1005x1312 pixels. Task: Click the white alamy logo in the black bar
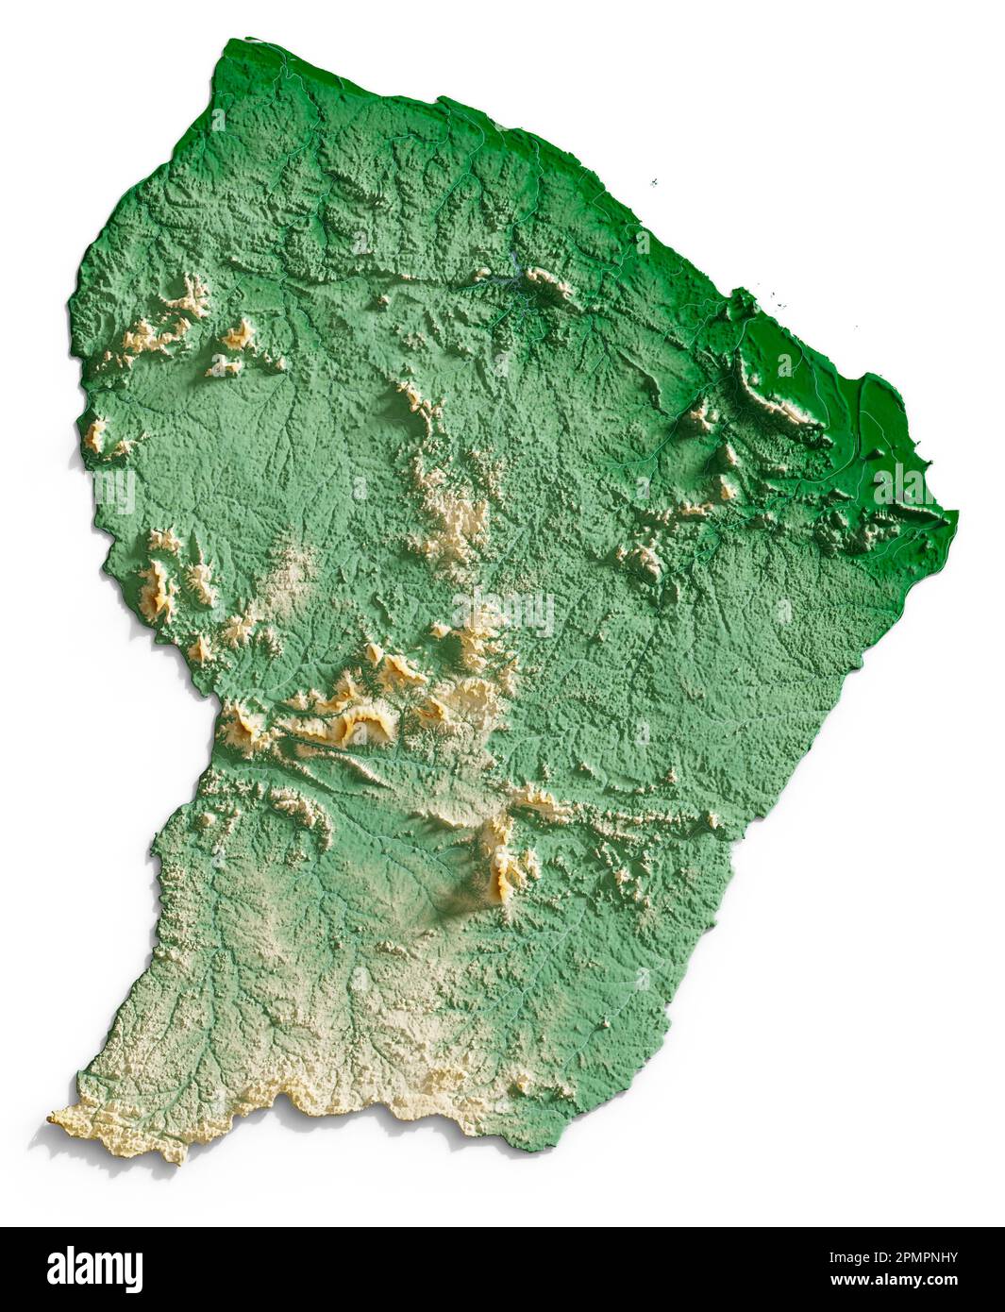(94, 1269)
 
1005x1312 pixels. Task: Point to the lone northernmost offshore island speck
(653, 183)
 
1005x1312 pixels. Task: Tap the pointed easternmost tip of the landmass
(955, 515)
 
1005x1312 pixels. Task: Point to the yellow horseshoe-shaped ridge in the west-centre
(363, 722)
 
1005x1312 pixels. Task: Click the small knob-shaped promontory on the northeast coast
(741, 301)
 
